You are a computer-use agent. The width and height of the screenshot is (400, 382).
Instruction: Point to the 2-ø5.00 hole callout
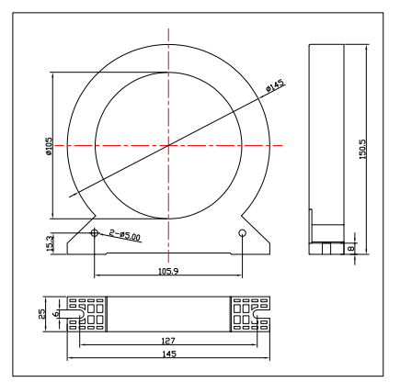[124, 236]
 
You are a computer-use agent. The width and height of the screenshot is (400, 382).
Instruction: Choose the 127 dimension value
[167, 339]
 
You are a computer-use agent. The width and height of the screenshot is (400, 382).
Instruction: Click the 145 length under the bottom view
[167, 354]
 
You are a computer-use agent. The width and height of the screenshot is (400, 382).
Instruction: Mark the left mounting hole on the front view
[96, 234]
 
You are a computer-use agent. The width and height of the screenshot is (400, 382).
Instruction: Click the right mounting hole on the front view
[242, 234]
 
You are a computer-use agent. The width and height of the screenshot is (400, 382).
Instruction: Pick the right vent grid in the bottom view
[244, 314]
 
